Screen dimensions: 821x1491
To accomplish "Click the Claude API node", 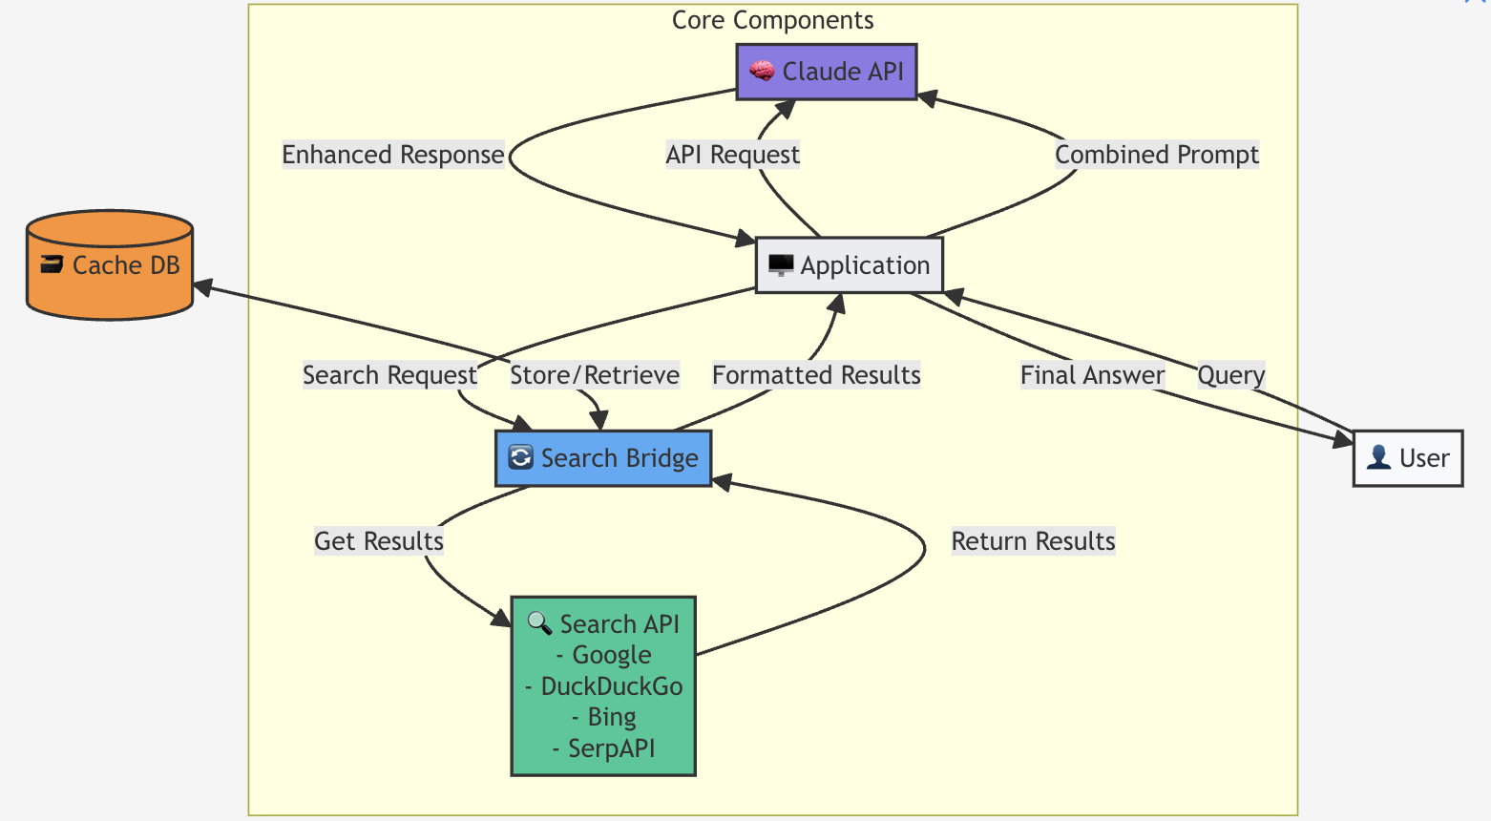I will pos(827,72).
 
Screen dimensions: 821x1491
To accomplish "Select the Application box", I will pos(849,265).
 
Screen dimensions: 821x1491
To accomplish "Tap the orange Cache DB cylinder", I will pos(110,265).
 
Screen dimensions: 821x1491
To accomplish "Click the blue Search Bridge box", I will pos(603,458).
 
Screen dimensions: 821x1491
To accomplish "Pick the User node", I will pos(1408,458).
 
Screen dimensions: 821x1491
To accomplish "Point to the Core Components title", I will pos(772,20).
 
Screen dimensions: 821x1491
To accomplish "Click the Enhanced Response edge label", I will pos(392,155).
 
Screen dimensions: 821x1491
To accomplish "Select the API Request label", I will pos(732,155).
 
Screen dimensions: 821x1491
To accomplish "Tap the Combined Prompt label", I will pos(1156,155).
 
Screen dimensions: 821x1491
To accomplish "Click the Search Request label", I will pos(389,375).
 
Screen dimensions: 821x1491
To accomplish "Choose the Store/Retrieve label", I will pos(595,375).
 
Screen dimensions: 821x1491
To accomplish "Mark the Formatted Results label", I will pos(816,375).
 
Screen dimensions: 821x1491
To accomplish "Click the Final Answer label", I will pos(1092,375).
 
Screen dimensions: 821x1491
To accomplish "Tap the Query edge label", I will pos(1230,375).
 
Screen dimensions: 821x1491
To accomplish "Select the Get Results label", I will pos(379,541).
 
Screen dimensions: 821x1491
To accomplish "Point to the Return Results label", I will pos(1033,541).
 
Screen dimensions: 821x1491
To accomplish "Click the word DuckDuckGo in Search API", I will pos(611,686).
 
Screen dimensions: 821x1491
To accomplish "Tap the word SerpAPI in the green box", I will pos(611,748).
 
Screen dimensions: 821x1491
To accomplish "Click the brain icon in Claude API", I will pos(761,71).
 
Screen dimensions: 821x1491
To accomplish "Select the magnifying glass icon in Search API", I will pos(539,623).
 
